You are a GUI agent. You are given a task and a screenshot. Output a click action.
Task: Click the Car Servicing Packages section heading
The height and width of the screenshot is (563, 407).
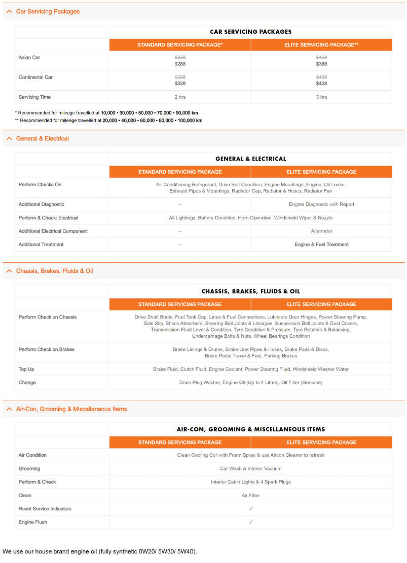click(x=48, y=11)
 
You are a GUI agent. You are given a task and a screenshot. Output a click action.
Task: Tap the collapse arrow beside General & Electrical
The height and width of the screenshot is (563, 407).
click(x=9, y=138)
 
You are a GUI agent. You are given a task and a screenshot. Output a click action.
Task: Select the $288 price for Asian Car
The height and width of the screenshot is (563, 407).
click(x=180, y=64)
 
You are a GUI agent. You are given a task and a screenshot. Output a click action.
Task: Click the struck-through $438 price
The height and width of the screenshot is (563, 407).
click(x=321, y=57)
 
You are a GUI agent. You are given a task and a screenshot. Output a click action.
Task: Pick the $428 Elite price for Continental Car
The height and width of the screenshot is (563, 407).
click(x=321, y=84)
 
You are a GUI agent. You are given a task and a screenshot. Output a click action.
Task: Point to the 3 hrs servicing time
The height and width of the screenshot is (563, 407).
click(x=321, y=97)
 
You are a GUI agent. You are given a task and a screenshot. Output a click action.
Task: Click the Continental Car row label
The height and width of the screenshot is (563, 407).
click(x=35, y=77)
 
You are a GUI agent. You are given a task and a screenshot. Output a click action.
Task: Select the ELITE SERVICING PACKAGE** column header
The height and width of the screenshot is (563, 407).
click(x=321, y=45)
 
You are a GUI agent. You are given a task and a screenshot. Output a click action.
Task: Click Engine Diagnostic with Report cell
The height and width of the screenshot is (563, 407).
click(x=321, y=204)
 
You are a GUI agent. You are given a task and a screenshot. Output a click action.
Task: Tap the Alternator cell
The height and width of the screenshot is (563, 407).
click(x=321, y=231)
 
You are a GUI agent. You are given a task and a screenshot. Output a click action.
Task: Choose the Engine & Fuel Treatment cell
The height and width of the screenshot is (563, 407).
click(x=321, y=244)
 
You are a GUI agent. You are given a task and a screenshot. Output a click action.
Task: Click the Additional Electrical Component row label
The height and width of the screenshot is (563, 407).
click(x=53, y=231)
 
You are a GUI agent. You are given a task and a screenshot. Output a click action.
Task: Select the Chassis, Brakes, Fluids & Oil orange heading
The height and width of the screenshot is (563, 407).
click(x=54, y=271)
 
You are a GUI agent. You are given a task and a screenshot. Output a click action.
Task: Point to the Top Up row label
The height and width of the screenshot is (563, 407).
click(x=26, y=369)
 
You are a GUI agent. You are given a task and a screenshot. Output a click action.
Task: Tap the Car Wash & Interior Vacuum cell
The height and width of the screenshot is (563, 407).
click(x=250, y=468)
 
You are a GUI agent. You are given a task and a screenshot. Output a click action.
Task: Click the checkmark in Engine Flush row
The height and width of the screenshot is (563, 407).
click(x=251, y=522)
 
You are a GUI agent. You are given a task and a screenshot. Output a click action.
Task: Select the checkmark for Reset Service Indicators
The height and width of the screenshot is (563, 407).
click(x=251, y=508)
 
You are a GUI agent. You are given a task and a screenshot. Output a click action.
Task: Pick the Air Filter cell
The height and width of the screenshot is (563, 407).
click(x=250, y=495)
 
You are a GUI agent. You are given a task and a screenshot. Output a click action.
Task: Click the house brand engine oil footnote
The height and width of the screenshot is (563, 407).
click(x=99, y=551)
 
